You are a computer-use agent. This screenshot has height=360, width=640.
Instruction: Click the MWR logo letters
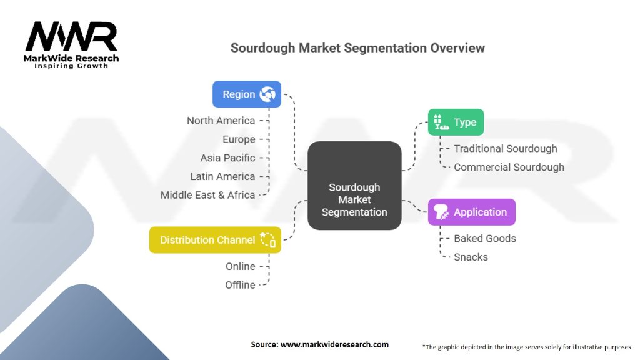[71, 37]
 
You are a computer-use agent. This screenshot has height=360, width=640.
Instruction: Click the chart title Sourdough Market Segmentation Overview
[357, 48]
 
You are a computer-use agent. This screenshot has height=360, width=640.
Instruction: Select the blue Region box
[246, 94]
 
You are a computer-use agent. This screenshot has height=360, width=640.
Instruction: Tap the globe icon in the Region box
[267, 94]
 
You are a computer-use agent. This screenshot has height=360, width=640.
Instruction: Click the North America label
[221, 121]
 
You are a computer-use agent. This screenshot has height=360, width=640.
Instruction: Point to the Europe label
[239, 139]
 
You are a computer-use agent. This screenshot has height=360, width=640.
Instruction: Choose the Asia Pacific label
[227, 157]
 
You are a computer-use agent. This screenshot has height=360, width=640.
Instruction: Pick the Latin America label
[222, 176]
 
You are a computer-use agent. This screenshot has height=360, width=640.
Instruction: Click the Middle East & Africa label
[207, 195]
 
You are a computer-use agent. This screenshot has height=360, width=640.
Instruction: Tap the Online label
[240, 266]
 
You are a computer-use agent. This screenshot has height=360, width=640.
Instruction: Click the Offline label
[240, 285]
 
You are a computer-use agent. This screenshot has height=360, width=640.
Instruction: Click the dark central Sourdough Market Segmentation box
[354, 186]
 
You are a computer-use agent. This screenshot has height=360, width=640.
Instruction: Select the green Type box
[456, 122]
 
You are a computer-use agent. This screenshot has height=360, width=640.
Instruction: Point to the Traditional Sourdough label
[505, 149]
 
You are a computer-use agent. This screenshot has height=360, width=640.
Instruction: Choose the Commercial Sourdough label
[509, 167]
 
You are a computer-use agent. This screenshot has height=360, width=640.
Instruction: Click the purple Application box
[471, 212]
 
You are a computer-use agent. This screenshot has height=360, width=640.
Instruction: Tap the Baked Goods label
[484, 239]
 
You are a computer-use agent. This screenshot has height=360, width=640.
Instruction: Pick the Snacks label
[471, 257]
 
